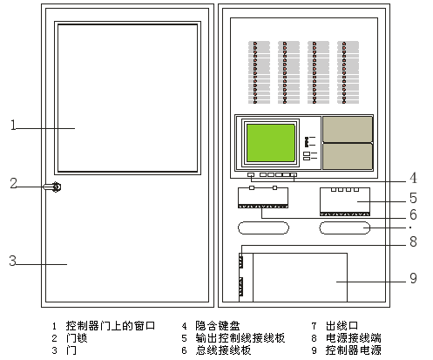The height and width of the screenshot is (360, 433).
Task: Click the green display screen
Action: pos(271,143)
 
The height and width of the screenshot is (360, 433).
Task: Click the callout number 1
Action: pos(13,125)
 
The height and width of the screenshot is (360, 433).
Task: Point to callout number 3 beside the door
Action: pos(13,261)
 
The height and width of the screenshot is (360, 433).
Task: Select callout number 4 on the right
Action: pos(414,178)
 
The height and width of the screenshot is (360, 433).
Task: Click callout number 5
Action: pos(413,198)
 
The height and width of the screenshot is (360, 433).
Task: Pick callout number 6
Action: pos(413,214)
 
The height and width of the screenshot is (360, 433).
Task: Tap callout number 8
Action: pos(413,241)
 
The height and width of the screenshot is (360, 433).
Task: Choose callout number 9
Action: pos(413,278)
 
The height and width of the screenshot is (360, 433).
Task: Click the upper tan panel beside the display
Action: pos(348,129)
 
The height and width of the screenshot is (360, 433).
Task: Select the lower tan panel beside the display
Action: pos(348,156)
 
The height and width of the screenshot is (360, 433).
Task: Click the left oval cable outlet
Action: pos(263,228)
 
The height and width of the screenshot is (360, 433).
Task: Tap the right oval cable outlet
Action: pos(345,228)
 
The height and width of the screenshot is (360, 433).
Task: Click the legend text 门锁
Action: pos(77,338)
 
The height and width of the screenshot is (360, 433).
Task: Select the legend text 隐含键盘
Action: pos(218,326)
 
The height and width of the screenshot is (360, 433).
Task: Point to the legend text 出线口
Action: pos(342,326)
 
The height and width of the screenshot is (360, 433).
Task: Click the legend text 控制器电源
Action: pos(353,350)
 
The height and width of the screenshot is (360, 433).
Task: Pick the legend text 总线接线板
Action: pos(223,350)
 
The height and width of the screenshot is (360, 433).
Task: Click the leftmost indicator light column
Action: pos(259,72)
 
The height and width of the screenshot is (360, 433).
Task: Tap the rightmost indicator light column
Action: pos(348,72)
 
